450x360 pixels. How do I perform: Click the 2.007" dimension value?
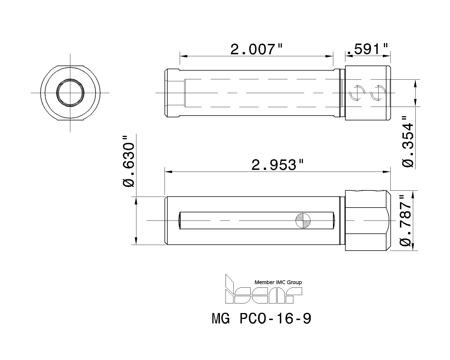(x=256, y=49)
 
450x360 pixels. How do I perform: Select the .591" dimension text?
(x=367, y=49)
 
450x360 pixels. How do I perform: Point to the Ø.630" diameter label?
(x=129, y=162)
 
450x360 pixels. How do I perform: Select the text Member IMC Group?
(x=278, y=282)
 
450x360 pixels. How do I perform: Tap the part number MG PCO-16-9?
(x=262, y=319)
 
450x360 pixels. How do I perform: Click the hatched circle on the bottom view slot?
(x=303, y=220)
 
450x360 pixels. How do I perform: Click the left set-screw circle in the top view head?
(x=357, y=93)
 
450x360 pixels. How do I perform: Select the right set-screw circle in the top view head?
(x=378, y=93)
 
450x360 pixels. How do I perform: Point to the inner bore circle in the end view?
(x=70, y=93)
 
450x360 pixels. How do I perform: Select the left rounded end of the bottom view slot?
(x=179, y=220)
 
